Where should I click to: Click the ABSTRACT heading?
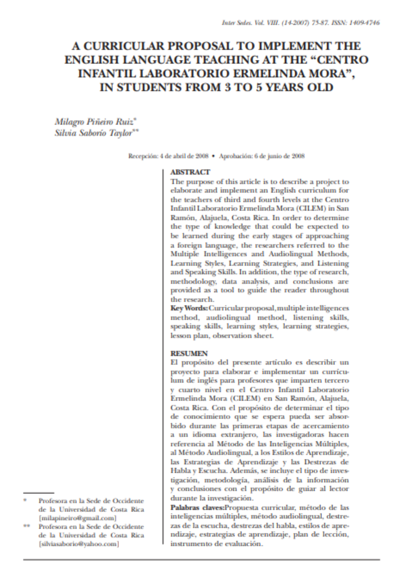tap(190, 172)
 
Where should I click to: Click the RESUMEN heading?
tap(189, 353)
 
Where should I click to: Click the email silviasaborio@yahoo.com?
tap(79, 544)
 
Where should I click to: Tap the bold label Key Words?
tap(189, 308)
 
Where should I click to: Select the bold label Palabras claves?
tap(197, 508)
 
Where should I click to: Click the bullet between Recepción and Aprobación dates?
tap(213, 156)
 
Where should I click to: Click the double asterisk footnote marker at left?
tap(26, 526)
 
